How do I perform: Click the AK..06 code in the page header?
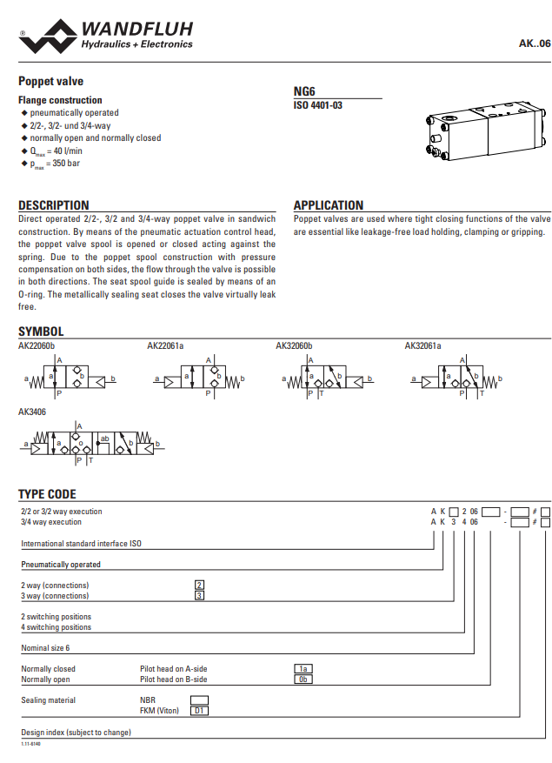[x=534, y=43]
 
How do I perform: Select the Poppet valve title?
[x=51, y=81]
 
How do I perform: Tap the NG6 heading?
[x=304, y=90]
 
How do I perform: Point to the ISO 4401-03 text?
[x=318, y=105]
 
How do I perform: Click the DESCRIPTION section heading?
[x=54, y=205]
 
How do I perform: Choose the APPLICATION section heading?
[x=329, y=205]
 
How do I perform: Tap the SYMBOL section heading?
[x=41, y=331]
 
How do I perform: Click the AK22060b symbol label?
[x=37, y=346]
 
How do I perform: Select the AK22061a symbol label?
[x=165, y=346]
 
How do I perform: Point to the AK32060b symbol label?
[x=294, y=346]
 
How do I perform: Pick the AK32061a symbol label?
[x=422, y=346]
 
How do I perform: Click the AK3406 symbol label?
[x=32, y=412]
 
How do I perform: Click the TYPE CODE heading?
[x=47, y=494]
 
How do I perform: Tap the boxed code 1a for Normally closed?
[x=303, y=669]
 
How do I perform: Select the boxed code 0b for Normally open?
[x=303, y=679]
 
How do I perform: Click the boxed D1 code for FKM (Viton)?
[x=199, y=710]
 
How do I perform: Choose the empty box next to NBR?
[x=199, y=699]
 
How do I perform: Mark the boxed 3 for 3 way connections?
[x=199, y=595]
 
